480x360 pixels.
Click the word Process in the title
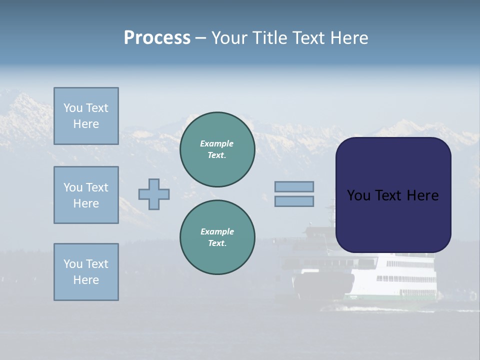[x=157, y=38]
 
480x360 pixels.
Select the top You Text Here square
[x=86, y=116]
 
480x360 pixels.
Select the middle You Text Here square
[x=86, y=195]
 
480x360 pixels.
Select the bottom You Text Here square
[x=86, y=272]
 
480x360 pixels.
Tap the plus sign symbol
[x=154, y=194]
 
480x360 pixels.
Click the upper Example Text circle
[x=217, y=149]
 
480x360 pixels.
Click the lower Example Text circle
[x=217, y=237]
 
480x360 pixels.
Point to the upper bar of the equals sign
[x=294, y=186]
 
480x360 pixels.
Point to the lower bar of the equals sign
[x=294, y=201]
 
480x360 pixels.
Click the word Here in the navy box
[x=422, y=195]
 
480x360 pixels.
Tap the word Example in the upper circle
[x=216, y=143]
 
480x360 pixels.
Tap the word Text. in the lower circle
[x=217, y=243]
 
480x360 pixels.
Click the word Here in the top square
[x=86, y=124]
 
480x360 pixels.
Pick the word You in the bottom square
[x=73, y=264]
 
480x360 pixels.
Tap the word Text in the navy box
[x=387, y=195]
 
